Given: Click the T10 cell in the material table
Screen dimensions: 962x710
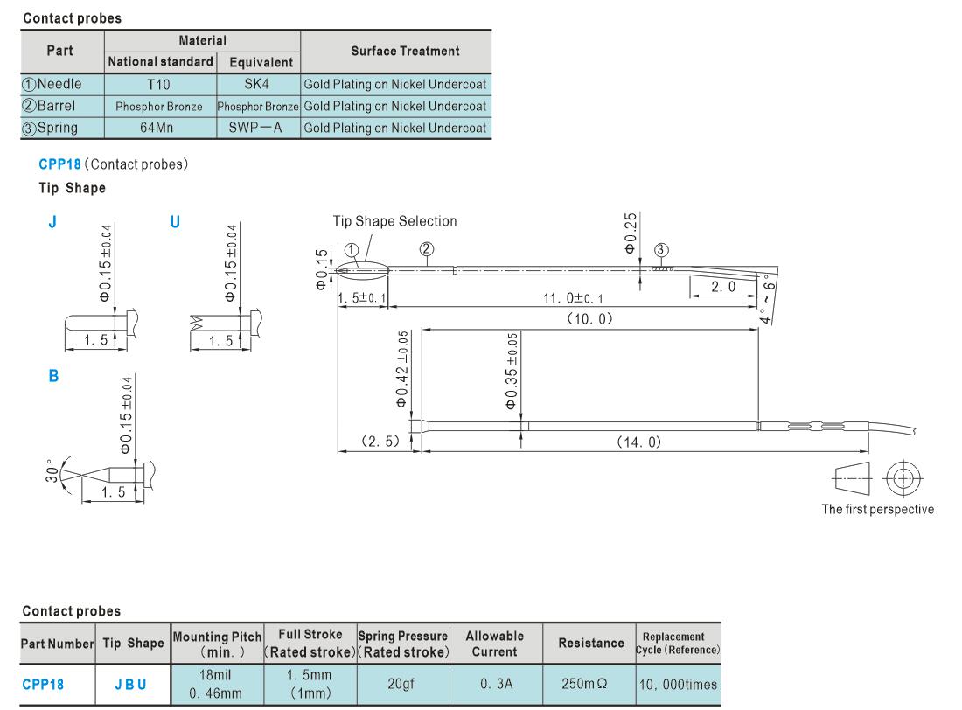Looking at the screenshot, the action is (158, 85).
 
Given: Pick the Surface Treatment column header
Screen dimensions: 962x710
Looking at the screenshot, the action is (405, 51).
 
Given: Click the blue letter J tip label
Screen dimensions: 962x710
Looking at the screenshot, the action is (52, 221).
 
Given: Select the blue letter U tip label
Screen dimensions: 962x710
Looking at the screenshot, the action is (175, 221).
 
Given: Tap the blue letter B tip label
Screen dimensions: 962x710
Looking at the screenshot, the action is (53, 376).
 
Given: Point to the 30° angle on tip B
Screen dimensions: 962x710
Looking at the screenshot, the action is (52, 470).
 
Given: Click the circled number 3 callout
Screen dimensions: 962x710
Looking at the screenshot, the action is (661, 250).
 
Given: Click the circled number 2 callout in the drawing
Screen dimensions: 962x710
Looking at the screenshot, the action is (427, 248).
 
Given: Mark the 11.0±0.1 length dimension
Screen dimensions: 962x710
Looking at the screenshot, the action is (573, 298).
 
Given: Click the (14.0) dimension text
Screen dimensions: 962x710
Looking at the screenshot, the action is (638, 442).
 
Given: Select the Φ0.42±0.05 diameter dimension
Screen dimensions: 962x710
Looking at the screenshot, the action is (402, 369).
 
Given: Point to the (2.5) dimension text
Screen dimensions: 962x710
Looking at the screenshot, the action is (380, 442).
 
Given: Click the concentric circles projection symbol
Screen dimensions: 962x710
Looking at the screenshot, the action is (903, 478).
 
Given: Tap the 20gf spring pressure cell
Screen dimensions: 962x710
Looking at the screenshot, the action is (401, 683).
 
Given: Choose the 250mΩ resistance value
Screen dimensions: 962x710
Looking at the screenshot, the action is (584, 683).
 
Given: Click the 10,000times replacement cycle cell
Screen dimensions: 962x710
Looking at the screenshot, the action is (678, 685).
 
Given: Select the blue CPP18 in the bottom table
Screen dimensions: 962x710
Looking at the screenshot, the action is (43, 685).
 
